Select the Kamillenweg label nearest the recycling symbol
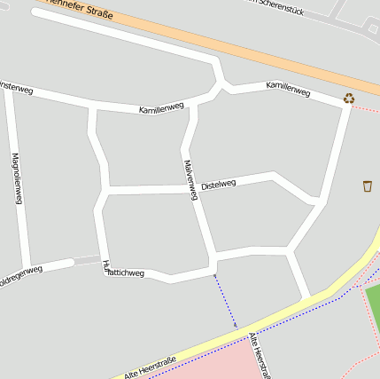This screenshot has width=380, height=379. (x=288, y=88)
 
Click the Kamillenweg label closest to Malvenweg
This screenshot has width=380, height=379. (x=161, y=107)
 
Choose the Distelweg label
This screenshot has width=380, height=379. (x=219, y=185)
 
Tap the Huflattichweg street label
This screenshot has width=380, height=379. (x=123, y=271)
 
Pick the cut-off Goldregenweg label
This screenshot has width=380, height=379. (x=19, y=274)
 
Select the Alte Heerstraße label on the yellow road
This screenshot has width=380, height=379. (x=150, y=367)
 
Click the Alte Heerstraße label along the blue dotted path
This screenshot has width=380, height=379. (x=260, y=355)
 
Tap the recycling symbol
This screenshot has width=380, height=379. (x=349, y=99)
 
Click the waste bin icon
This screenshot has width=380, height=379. (x=367, y=186)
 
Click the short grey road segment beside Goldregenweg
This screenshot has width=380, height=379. (x=87, y=260)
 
